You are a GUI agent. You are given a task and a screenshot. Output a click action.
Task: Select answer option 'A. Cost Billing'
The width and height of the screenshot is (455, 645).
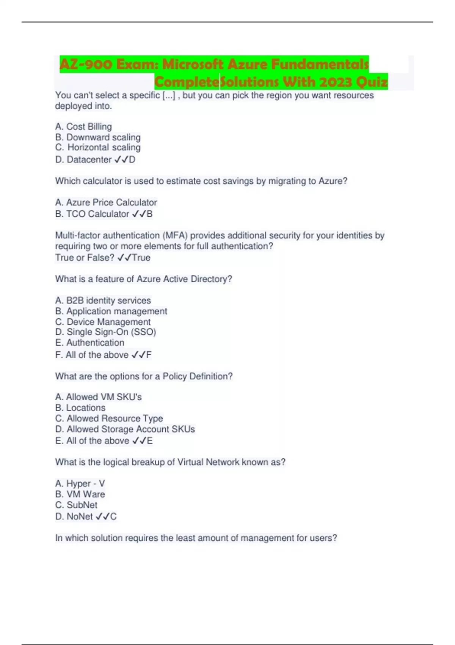83,126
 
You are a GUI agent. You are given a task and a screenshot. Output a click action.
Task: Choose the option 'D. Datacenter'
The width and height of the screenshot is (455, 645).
83,159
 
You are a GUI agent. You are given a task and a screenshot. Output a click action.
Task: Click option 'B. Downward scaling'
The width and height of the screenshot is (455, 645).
98,137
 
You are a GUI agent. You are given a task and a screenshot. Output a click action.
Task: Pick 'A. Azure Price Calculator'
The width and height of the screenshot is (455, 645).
106,202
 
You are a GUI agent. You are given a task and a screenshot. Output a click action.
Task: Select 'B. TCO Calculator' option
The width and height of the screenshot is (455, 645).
92,214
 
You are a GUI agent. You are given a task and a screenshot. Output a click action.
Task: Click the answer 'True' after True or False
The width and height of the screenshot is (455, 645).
141,257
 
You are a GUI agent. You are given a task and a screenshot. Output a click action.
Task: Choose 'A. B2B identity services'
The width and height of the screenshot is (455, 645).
103,300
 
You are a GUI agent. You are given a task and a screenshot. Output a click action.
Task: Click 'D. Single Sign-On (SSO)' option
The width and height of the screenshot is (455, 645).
105,332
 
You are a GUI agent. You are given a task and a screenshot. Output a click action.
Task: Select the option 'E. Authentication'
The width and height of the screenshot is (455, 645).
89,343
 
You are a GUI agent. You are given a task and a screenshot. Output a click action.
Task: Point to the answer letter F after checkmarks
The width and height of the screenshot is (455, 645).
149,355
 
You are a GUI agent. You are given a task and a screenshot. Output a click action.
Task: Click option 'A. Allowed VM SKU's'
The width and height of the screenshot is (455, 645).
98,397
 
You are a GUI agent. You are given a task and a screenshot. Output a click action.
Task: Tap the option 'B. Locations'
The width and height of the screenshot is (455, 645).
80,407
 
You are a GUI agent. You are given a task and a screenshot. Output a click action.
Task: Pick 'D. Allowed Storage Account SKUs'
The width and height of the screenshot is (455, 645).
125,429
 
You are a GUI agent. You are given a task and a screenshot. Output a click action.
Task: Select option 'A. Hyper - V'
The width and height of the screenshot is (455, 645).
80,483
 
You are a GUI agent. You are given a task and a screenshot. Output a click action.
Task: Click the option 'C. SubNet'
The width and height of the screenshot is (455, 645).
76,505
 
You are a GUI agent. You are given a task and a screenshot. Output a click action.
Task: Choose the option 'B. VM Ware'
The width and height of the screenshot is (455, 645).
80,494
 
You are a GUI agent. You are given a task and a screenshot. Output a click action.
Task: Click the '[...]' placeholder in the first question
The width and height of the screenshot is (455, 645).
169,95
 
